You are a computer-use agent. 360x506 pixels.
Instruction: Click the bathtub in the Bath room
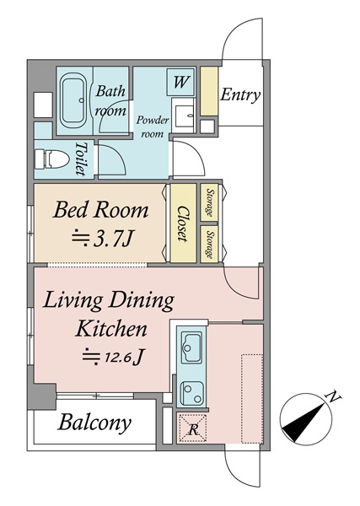(x=73, y=100)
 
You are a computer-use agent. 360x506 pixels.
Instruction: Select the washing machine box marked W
(x=181, y=82)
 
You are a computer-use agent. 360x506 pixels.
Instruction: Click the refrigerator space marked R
(x=193, y=428)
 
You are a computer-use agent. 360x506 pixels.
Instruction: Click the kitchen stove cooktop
(x=191, y=393)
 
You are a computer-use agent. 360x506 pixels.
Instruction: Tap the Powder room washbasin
(x=183, y=115)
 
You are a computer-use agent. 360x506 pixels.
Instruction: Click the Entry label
(x=240, y=95)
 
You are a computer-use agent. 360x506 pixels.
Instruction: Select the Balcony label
(x=94, y=423)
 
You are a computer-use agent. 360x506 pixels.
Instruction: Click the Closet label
(x=183, y=223)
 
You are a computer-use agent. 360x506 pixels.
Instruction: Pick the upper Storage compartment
(x=209, y=202)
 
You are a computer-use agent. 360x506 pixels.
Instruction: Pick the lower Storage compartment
(x=209, y=245)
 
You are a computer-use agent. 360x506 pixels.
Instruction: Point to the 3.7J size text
(x=102, y=240)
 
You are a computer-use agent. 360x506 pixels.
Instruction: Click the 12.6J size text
(x=113, y=357)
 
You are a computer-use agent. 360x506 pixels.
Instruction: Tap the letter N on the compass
(x=334, y=396)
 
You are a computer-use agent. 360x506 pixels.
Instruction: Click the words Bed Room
(x=100, y=210)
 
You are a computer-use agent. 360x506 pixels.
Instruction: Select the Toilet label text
(x=81, y=159)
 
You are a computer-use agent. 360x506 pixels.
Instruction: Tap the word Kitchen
(x=110, y=329)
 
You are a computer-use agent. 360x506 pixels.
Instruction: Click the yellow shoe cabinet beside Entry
(x=209, y=91)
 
